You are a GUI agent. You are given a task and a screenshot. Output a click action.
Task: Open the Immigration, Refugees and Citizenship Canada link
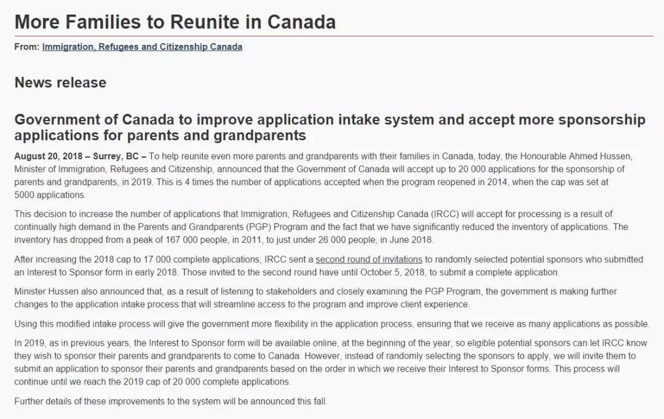142,47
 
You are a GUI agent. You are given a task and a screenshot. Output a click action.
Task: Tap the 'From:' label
27,47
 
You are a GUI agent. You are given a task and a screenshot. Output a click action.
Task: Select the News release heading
60,82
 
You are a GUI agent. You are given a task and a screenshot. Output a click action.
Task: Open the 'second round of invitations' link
369,260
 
